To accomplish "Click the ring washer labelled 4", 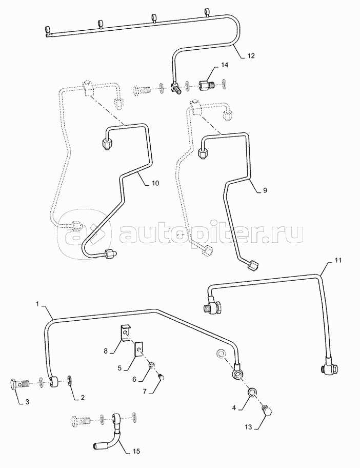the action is pos(253,393).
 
